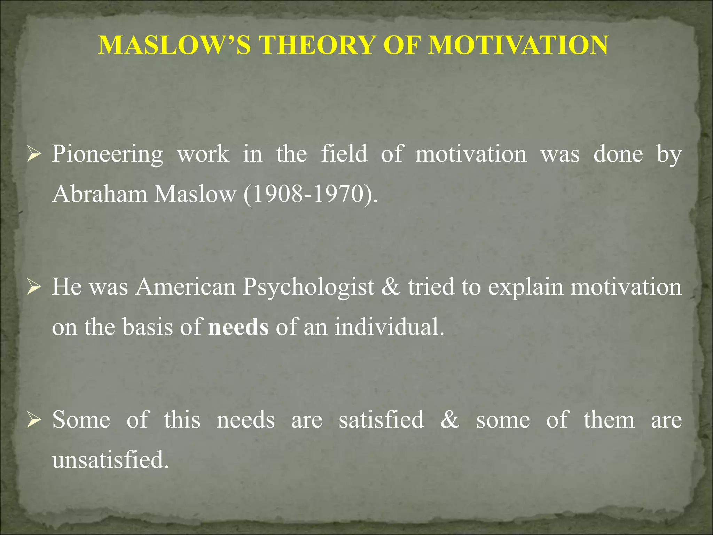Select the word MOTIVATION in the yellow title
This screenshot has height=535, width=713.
click(x=518, y=45)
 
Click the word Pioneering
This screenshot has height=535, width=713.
click(x=107, y=154)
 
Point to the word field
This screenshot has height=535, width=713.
click(x=344, y=154)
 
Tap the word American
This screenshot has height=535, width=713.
click(x=186, y=287)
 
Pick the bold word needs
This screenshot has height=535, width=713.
click(x=238, y=327)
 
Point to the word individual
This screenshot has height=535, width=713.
click(x=390, y=327)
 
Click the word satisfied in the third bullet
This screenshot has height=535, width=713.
click(x=381, y=419)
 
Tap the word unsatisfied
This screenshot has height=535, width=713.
click(x=110, y=460)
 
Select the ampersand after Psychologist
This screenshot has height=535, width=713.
click(x=391, y=287)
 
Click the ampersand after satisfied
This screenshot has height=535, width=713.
click(x=450, y=419)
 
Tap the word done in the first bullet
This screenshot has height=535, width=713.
click(x=618, y=154)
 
